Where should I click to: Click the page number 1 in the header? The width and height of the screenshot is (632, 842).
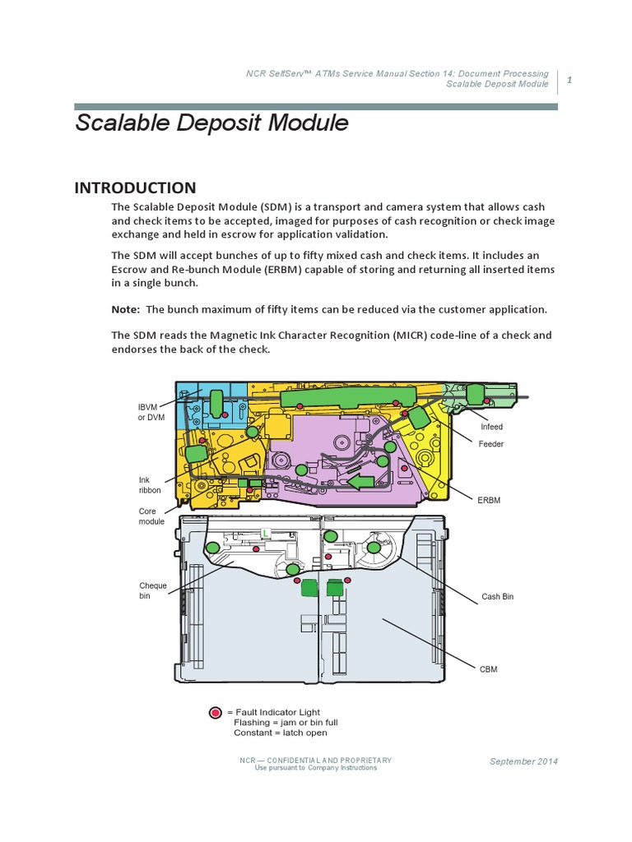569,79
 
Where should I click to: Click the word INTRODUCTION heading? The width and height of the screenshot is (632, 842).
135,187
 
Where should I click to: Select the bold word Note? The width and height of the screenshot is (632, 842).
125,309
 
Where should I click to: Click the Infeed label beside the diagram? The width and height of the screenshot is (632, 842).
491,428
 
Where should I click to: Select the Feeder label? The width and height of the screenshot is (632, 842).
490,444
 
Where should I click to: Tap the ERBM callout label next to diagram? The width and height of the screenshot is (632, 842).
489,499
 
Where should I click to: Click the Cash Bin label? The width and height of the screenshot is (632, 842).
497,596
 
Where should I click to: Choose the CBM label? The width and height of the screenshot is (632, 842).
489,669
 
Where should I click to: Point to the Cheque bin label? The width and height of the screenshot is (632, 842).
152,590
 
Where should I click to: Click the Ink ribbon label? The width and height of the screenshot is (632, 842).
150,485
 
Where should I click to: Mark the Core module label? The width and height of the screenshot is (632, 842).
151,516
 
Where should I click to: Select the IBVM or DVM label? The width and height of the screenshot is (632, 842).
151,412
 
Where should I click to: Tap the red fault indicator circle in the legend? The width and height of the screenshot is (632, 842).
216,712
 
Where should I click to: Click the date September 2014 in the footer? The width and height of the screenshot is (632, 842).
523,761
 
